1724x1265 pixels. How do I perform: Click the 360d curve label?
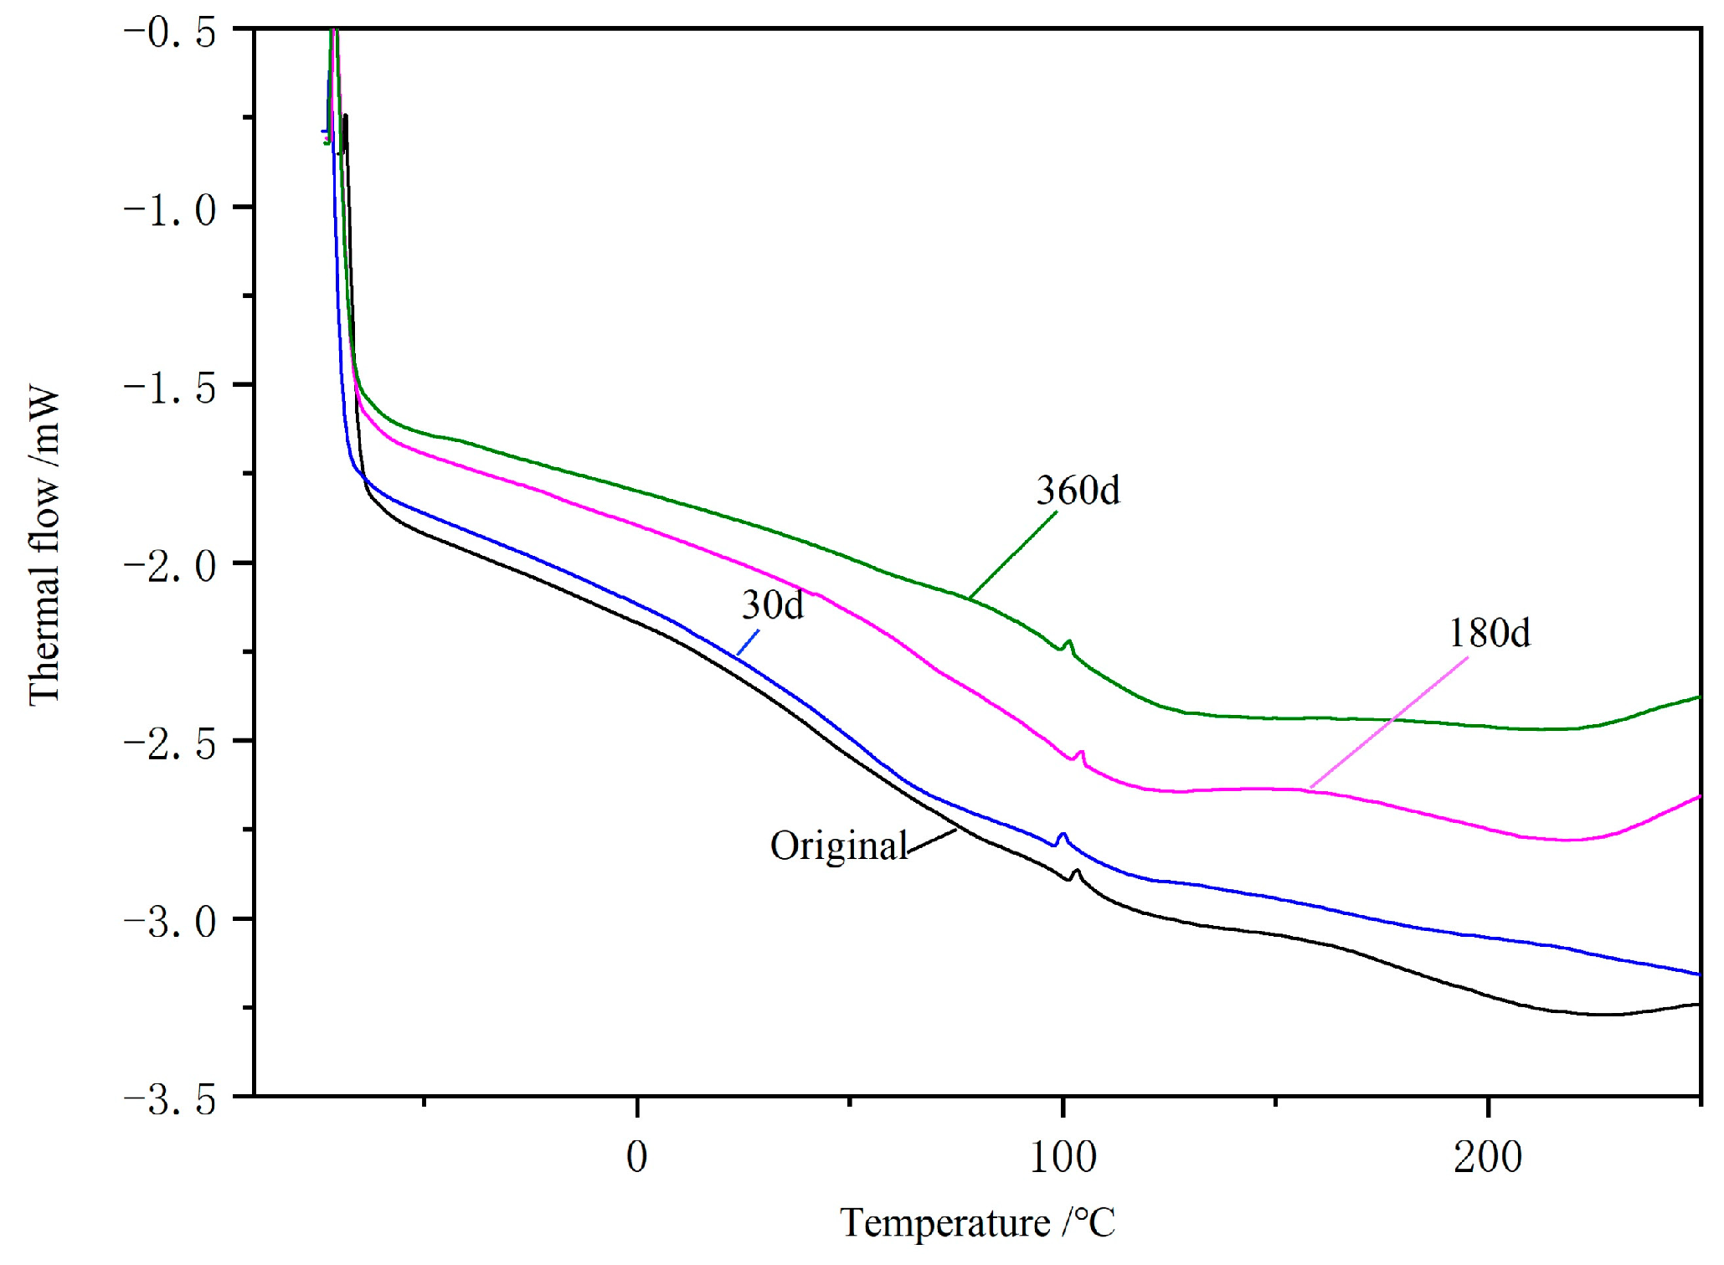coord(1078,491)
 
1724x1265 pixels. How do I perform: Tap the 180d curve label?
coord(1489,633)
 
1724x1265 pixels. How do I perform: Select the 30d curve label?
coord(772,604)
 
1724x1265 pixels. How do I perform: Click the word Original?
coord(838,846)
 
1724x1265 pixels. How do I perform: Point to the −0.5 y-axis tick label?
coord(170,33)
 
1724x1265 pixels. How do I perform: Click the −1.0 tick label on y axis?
coord(170,209)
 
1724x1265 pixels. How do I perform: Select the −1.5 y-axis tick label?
coord(170,388)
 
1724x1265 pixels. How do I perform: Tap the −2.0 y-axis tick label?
coord(170,566)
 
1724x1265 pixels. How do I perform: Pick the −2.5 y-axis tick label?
coord(170,743)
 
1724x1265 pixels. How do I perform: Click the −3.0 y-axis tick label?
coord(170,922)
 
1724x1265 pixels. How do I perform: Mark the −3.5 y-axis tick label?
coord(170,1099)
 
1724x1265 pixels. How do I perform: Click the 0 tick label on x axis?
coord(637,1158)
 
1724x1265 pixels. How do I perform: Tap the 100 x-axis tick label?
coord(1063,1158)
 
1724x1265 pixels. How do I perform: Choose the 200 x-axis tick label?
coord(1488,1158)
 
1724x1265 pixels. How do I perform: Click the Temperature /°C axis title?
coord(977,1223)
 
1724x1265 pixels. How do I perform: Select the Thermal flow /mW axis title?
coord(44,546)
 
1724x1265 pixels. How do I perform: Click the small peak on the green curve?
coord(1068,642)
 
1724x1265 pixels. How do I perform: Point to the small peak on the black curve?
coord(1077,872)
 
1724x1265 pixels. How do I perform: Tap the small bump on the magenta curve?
coord(1082,753)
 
